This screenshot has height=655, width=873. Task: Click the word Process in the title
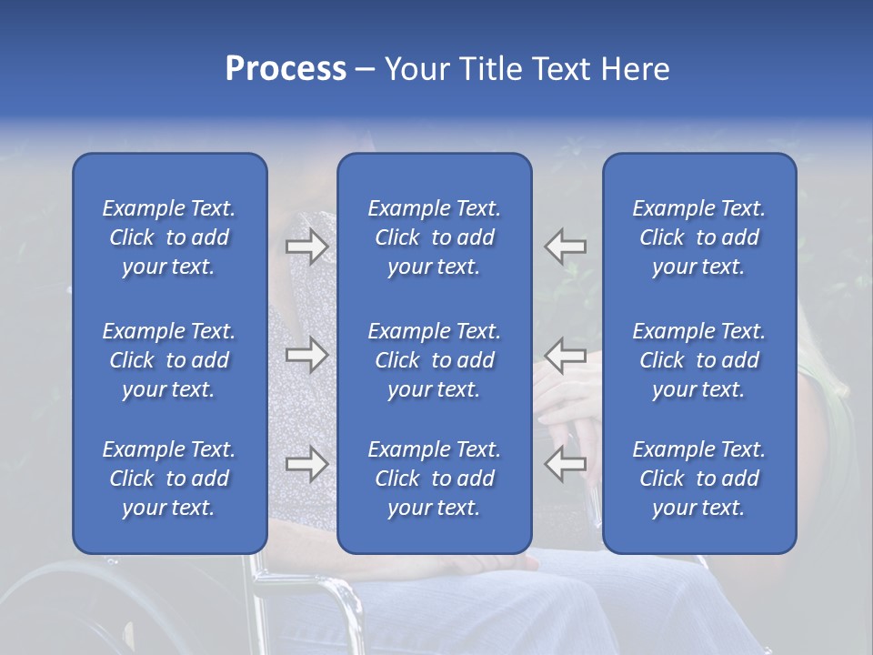[286, 69]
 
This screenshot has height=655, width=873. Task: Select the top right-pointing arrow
[306, 247]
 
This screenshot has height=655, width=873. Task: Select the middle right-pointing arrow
[306, 355]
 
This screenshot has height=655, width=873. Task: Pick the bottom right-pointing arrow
[306, 464]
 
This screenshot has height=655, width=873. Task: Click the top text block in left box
[169, 237]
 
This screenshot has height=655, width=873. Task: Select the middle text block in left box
[169, 360]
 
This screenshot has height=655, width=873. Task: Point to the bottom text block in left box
[169, 479]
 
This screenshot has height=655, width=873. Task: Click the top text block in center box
[434, 237]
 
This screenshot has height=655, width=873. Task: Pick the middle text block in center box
[434, 360]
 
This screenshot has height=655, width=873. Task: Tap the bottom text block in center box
[434, 479]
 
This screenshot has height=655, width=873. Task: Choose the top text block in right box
[698, 237]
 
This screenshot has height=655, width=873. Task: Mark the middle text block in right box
[698, 360]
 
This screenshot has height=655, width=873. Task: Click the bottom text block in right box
[698, 479]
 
